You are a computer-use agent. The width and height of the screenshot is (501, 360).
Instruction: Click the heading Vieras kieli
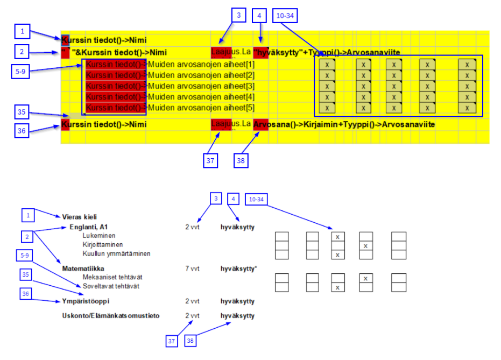click(x=80, y=217)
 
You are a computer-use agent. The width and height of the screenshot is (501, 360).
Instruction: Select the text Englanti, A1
click(x=88, y=227)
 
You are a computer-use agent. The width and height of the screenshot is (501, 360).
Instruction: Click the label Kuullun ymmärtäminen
click(x=116, y=253)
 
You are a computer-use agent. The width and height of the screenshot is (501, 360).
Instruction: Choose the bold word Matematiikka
click(x=83, y=268)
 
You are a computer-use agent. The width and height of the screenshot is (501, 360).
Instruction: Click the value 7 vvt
click(x=192, y=268)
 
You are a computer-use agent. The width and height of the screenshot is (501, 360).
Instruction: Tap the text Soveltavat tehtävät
click(x=111, y=286)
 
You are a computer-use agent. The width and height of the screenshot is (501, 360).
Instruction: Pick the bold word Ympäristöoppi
click(x=86, y=301)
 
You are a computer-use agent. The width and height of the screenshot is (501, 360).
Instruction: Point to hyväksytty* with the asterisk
click(x=238, y=268)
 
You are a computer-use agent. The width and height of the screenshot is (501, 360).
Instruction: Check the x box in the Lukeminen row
click(x=337, y=237)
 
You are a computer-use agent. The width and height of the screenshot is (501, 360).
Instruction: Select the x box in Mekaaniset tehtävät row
click(x=366, y=278)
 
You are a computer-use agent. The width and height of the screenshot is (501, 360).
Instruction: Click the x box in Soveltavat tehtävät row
click(x=337, y=287)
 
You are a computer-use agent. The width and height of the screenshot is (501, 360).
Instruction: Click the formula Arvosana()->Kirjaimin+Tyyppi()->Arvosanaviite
click(x=344, y=125)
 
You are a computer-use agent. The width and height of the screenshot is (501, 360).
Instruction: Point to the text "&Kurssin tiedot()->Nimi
click(x=119, y=52)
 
